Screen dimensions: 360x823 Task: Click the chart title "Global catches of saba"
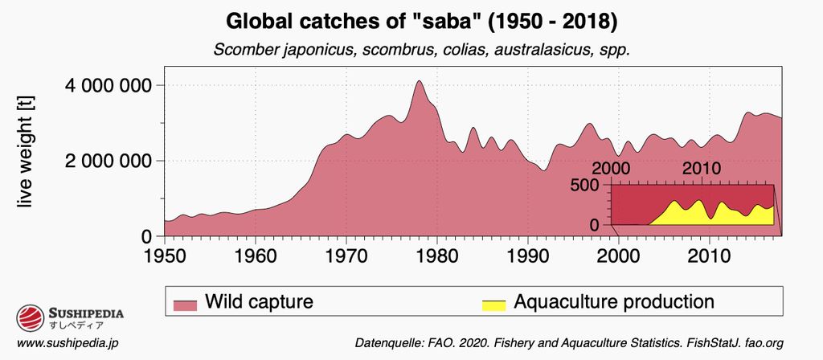point(411,19)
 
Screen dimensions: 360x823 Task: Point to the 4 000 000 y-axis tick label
point(109,85)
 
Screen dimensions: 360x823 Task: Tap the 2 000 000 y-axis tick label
point(109,161)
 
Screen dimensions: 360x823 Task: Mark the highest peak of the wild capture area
point(419,81)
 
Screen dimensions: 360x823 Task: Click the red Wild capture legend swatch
point(186,303)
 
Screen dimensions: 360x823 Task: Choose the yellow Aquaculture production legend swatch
point(493,303)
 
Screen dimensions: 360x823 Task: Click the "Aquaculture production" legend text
point(613,302)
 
